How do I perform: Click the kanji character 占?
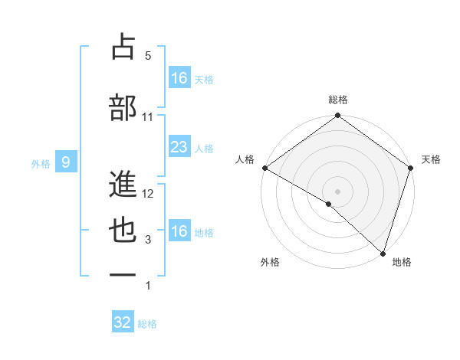tap(123, 47)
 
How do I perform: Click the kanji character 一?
tap(123, 273)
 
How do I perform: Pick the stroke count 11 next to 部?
tap(148, 117)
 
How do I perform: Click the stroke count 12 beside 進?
tap(149, 194)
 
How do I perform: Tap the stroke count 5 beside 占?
tap(148, 56)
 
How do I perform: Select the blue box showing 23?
tap(179, 146)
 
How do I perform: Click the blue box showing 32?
tap(123, 322)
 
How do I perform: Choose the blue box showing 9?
tap(67, 162)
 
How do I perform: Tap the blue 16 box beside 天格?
tap(179, 77)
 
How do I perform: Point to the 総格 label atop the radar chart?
tap(338, 100)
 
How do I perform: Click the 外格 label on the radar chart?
tap(270, 262)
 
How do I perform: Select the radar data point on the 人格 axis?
tap(264, 168)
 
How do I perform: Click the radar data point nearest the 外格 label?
tap(329, 204)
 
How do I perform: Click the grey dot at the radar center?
tap(338, 191)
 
